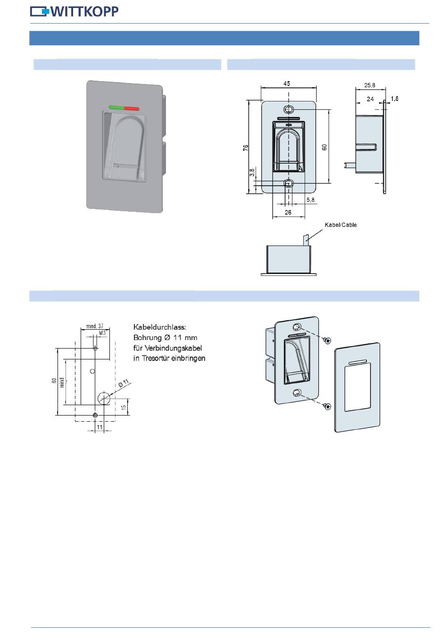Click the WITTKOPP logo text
click(x=84, y=11)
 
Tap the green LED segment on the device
click(x=116, y=107)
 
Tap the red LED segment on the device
click(x=133, y=108)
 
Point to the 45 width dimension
click(x=287, y=83)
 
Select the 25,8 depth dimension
click(x=370, y=85)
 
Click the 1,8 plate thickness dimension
click(x=395, y=99)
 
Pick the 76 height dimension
click(x=246, y=148)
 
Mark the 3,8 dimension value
click(x=252, y=173)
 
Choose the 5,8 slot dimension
click(x=310, y=200)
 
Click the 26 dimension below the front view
click(x=288, y=212)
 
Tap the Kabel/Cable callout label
click(x=340, y=225)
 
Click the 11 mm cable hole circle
click(x=103, y=398)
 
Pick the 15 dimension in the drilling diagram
click(x=124, y=407)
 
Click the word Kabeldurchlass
click(x=160, y=327)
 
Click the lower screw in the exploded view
click(x=326, y=406)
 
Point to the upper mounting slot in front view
click(x=289, y=109)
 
